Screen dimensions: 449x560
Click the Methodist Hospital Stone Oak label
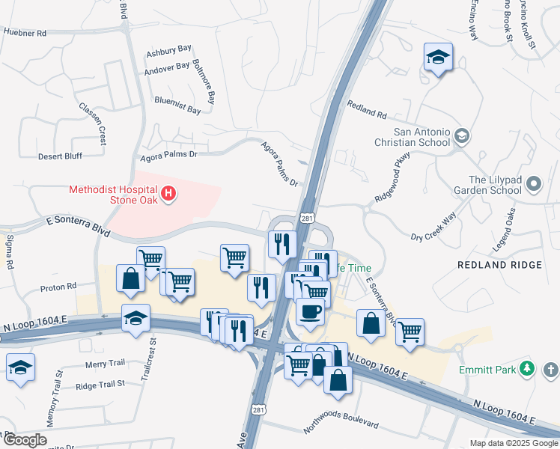[x=115, y=195]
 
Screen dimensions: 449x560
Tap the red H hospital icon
[x=169, y=195]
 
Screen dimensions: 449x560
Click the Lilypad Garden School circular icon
[x=533, y=183]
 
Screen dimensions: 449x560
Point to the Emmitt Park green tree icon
[x=528, y=367]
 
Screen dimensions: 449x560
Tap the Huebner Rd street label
[x=25, y=33]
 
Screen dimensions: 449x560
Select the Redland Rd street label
[x=367, y=111]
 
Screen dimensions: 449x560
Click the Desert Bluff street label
[x=61, y=156]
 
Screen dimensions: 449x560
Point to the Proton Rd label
[x=59, y=287]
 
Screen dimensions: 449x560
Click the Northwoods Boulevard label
[x=341, y=423]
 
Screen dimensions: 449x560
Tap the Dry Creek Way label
[x=433, y=228]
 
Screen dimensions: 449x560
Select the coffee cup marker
[x=310, y=311]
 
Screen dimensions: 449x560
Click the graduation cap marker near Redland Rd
[x=438, y=57]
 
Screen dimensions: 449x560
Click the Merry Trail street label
[x=104, y=363]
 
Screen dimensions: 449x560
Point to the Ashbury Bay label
[x=169, y=50]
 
